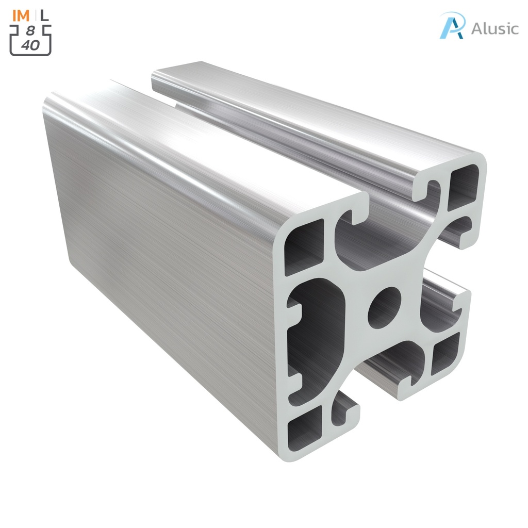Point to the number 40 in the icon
click(30, 45)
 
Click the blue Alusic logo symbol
click(452, 26)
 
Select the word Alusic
click(494, 28)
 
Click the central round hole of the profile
click(384, 308)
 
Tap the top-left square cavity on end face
click(304, 246)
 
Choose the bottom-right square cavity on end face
click(444, 354)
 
